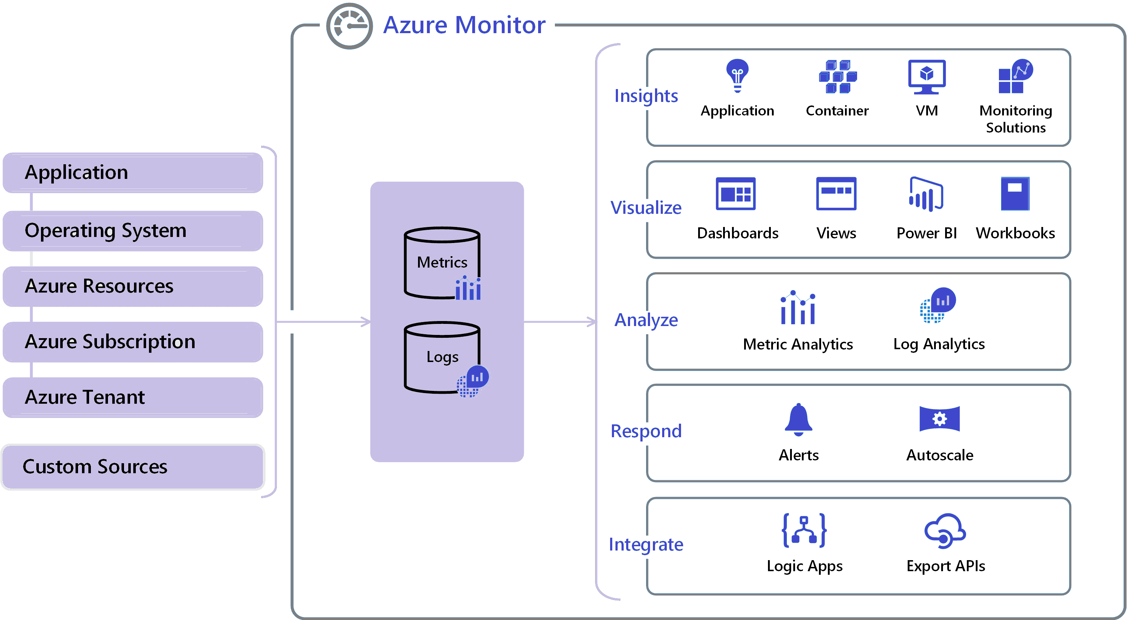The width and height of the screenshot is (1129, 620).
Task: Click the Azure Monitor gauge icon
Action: click(x=349, y=26)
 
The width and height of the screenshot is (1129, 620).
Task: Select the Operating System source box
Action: click(x=132, y=231)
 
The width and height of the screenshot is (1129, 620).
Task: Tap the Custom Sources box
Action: click(x=132, y=467)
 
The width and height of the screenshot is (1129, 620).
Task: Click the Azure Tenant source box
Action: click(x=132, y=397)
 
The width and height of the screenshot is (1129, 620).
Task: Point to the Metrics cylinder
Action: click(x=442, y=263)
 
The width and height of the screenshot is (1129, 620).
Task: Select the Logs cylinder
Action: click(x=442, y=357)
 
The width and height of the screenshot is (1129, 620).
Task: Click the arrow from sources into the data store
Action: click(x=324, y=322)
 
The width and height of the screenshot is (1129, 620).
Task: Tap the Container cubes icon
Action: click(x=837, y=77)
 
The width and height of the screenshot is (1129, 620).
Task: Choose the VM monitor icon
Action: click(x=927, y=77)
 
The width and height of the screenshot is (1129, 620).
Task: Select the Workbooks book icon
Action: click(x=1015, y=194)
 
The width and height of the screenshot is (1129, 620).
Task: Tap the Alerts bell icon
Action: click(x=798, y=420)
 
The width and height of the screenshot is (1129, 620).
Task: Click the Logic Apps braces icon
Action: click(x=804, y=530)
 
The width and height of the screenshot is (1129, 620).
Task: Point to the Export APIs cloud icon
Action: click(x=945, y=531)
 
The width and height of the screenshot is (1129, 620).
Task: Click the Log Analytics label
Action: click(x=939, y=345)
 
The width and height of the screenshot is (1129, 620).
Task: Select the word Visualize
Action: click(x=646, y=208)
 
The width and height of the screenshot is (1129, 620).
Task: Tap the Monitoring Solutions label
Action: click(x=1015, y=119)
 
